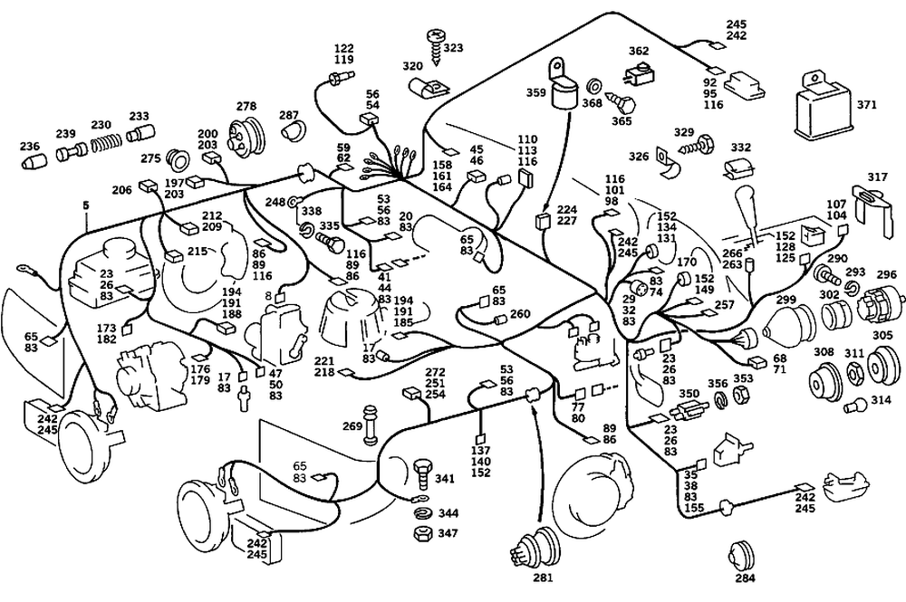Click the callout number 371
click(867, 105)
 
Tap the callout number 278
click(246, 108)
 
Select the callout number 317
click(877, 177)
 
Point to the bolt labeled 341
click(421, 473)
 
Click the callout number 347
click(448, 533)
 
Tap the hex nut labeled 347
click(421, 532)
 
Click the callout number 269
click(352, 426)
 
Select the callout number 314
click(882, 399)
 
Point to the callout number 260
click(520, 314)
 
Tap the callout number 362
click(639, 51)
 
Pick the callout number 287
click(288, 116)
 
